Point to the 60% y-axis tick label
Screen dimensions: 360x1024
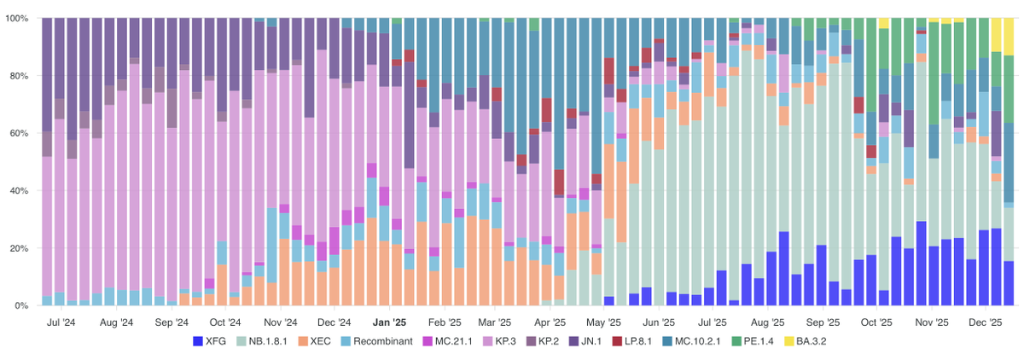click(20, 133)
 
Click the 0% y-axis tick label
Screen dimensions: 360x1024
click(22, 305)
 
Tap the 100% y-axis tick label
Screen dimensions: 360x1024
click(17, 18)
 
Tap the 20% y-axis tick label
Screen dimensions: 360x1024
click(20, 248)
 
